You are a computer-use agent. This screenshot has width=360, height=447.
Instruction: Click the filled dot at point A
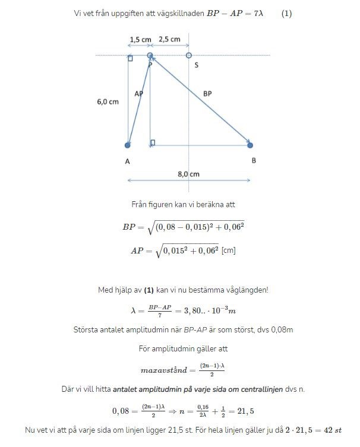tap(128, 145)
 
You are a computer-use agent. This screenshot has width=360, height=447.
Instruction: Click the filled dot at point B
tap(250, 145)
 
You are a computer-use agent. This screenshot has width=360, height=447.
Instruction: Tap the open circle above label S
tap(189, 55)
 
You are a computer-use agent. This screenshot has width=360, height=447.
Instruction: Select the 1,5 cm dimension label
tap(140, 40)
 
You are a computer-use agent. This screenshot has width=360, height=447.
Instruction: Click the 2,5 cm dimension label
tap(170, 40)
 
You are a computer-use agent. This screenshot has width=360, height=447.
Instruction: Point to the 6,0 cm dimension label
tap(108, 102)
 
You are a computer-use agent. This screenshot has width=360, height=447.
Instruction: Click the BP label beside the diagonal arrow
tap(207, 93)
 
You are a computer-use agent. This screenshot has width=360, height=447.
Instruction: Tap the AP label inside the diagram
tap(138, 93)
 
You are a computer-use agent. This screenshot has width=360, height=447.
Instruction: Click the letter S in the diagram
tap(196, 65)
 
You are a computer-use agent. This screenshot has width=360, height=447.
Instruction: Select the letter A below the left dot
tap(128, 161)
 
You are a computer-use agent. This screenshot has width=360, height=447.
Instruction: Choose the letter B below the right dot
tap(254, 161)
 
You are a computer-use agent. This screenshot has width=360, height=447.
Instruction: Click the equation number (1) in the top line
tap(286, 13)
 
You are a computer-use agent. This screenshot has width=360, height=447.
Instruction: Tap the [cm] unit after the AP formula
tap(229, 251)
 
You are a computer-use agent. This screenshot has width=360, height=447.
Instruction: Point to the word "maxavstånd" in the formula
tap(163, 370)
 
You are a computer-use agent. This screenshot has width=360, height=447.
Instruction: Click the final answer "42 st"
tap(331, 429)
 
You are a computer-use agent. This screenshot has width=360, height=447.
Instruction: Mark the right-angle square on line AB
tap(153, 142)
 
